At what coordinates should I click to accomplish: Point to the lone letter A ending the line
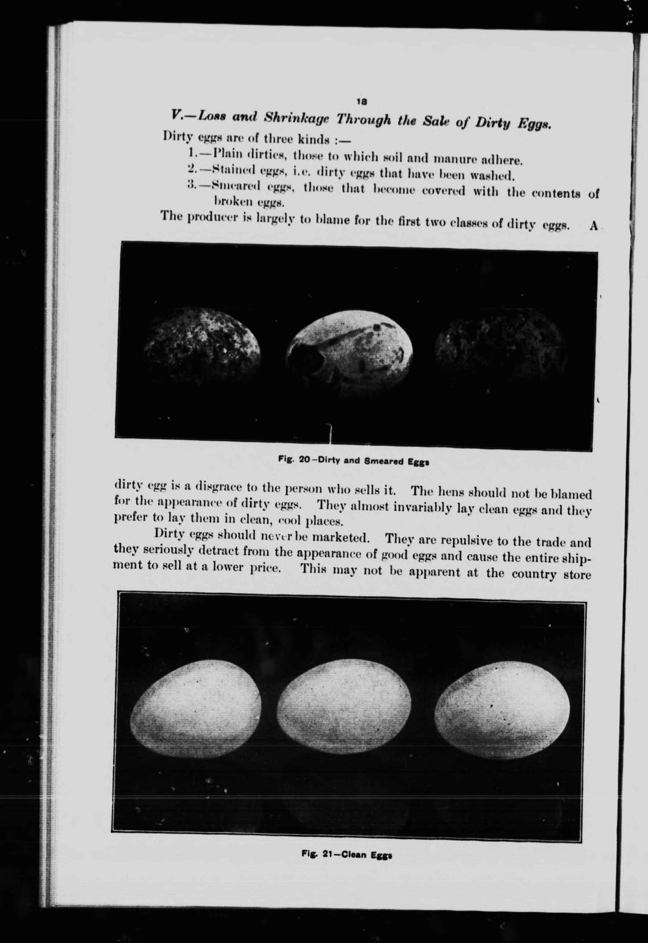click(593, 226)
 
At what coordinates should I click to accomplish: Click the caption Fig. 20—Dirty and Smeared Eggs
click(353, 461)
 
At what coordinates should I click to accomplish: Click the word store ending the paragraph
click(575, 575)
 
